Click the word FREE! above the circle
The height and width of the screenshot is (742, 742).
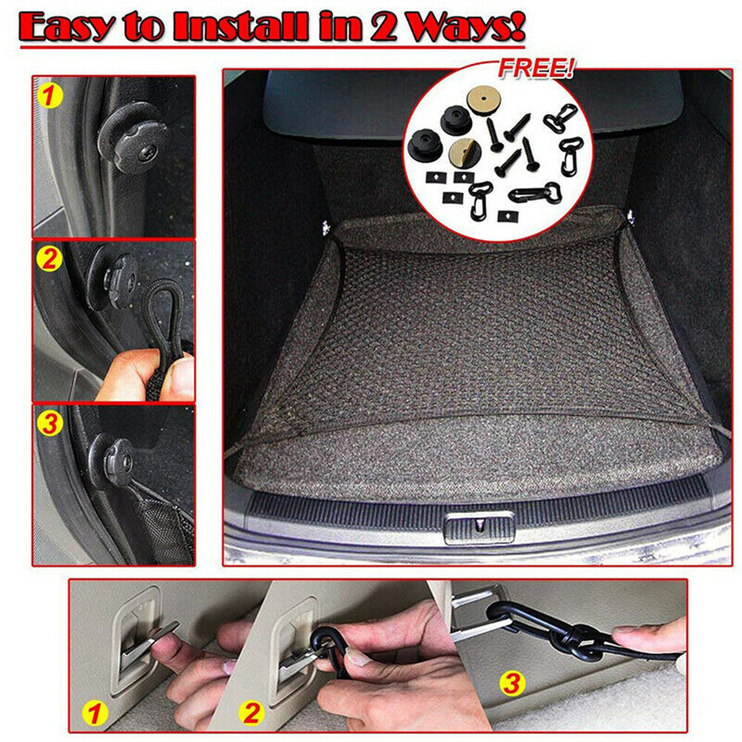(535, 70)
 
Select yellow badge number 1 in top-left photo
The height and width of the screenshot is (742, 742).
(49, 95)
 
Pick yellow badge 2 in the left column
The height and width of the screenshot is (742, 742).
(49, 260)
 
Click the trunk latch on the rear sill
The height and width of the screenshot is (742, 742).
(479, 528)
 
